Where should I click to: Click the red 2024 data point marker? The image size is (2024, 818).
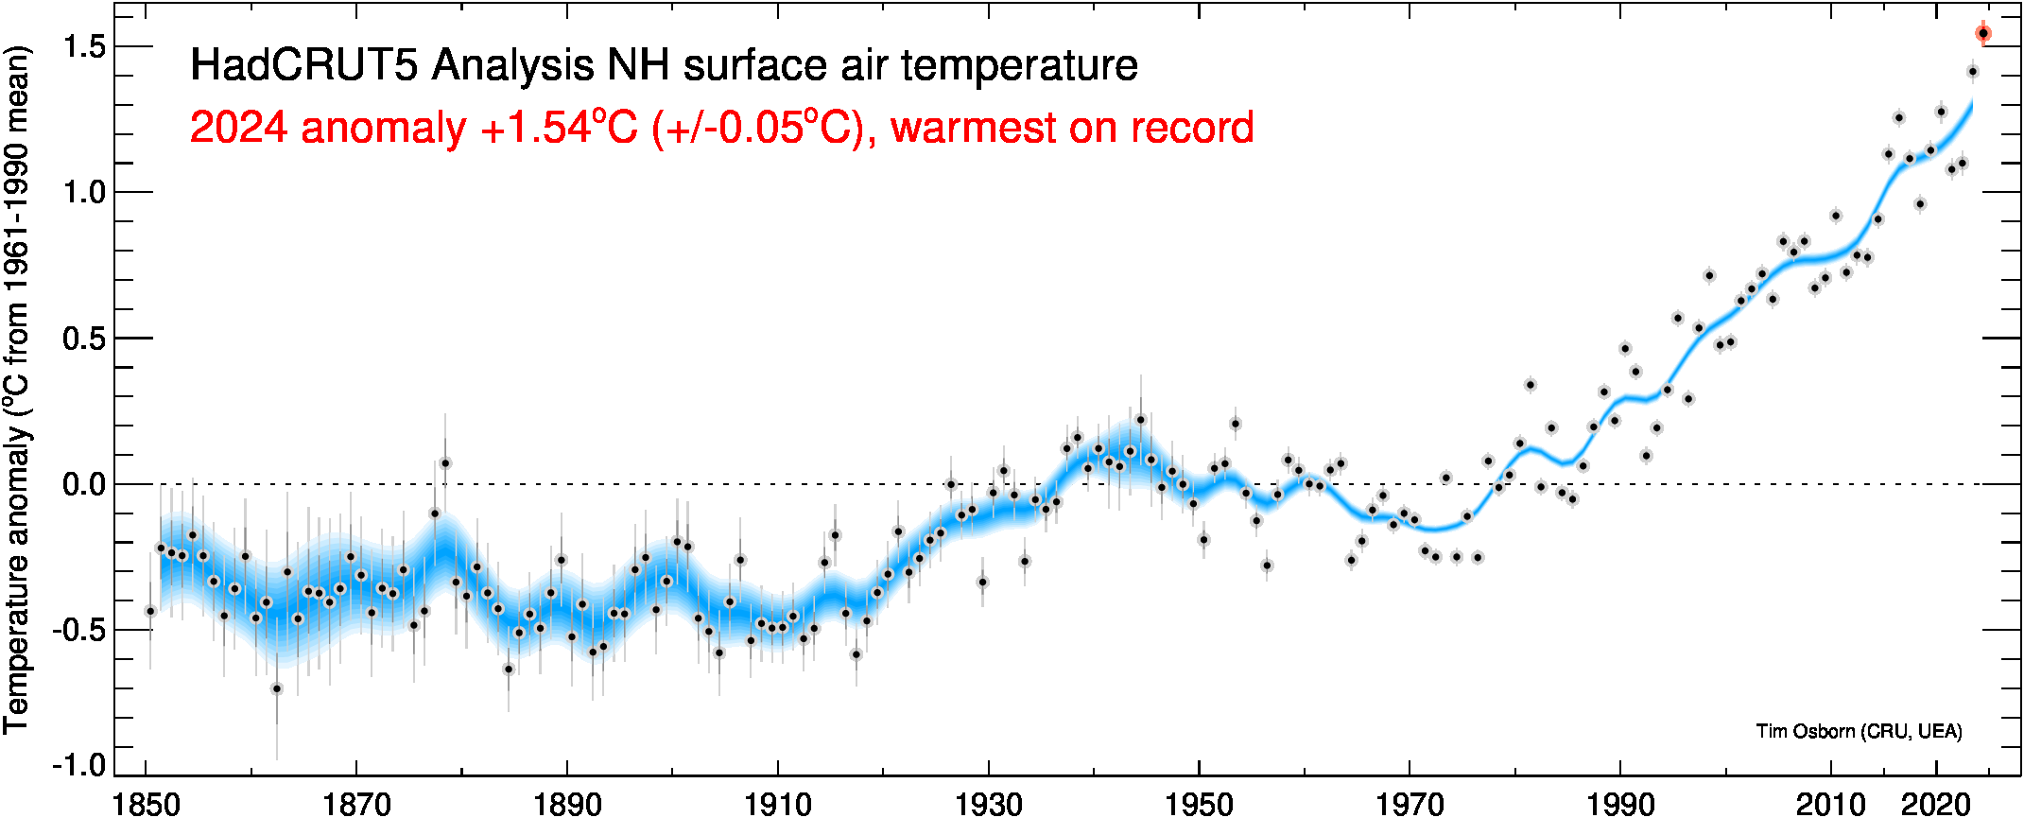tap(1982, 33)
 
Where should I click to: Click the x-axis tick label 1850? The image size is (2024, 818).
tap(146, 804)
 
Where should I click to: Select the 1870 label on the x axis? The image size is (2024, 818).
tap(356, 804)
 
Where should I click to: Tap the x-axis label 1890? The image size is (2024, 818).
tap(567, 804)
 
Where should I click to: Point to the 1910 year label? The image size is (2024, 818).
tap(778, 804)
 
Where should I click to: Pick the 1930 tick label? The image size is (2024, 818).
tap(989, 804)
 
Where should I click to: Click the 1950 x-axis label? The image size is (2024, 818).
tap(1199, 804)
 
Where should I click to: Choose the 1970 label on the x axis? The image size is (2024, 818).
tap(1410, 804)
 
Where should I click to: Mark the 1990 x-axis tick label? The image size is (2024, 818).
tap(1620, 804)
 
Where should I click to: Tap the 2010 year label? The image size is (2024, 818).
tap(1831, 804)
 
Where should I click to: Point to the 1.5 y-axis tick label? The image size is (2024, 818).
tap(84, 46)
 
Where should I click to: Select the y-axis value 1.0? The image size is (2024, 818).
tap(84, 192)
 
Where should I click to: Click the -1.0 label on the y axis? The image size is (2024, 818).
tap(78, 764)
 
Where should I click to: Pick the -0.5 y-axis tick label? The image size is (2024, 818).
tap(78, 630)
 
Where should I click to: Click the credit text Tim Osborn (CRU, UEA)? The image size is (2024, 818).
tap(1859, 731)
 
